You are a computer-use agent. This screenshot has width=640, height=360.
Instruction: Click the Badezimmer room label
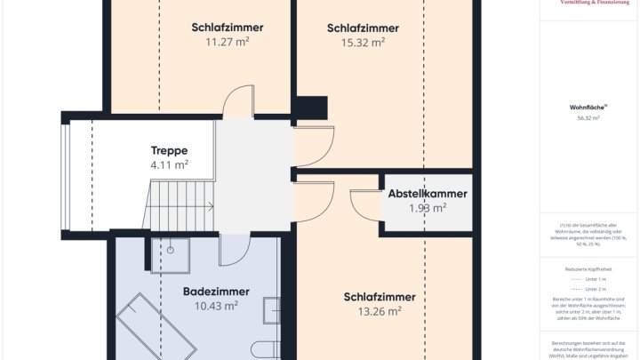[216, 292]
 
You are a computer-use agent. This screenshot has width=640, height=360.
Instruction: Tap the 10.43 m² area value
[216, 306]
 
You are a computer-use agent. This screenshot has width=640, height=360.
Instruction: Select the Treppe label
[168, 150]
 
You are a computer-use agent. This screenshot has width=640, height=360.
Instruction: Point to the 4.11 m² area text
[168, 164]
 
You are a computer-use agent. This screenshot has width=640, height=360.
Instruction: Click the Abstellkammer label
[427, 194]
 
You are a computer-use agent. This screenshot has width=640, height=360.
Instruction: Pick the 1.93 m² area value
[427, 208]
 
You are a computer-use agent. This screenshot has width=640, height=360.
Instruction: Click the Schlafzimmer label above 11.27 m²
[227, 28]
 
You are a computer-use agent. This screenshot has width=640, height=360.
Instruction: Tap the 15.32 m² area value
[363, 42]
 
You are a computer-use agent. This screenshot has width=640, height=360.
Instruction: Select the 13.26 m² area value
[380, 311]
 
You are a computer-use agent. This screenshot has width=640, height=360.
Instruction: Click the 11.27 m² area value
[227, 41]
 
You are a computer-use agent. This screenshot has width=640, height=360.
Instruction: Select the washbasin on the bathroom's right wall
[270, 310]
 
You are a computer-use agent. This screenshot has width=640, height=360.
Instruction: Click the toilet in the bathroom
[267, 349]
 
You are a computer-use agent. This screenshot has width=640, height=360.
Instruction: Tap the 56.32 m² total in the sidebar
[588, 118]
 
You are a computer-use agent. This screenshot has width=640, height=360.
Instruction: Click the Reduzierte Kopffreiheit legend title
[588, 268]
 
